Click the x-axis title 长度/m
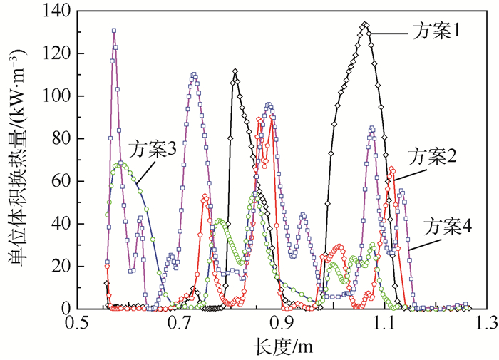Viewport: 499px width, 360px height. tap(283, 346)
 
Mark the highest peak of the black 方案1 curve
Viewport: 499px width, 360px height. tap(365, 24)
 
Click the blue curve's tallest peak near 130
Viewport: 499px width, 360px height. tap(114, 31)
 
